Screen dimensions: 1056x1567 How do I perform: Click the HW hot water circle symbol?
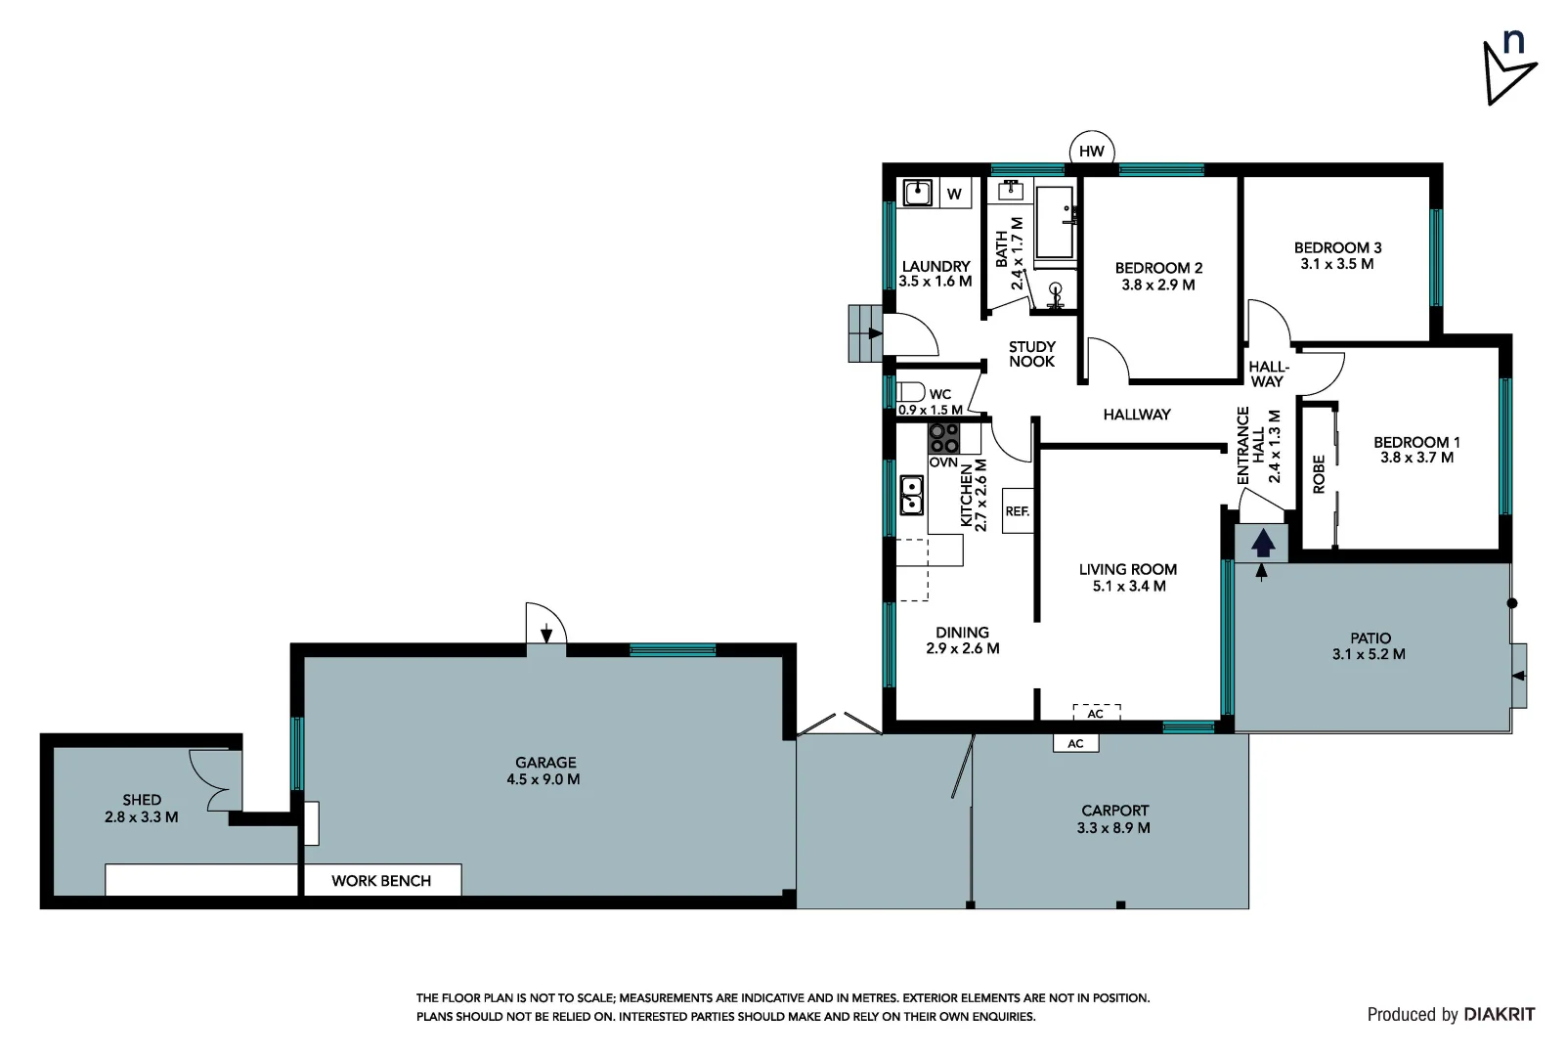[1091, 151]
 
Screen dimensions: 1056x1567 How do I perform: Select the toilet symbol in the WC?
[910, 392]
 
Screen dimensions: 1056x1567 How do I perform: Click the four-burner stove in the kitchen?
[943, 437]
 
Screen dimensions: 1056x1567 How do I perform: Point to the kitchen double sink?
[911, 495]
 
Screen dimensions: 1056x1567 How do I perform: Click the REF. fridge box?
[1018, 510]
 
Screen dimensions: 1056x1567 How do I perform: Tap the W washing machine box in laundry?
[954, 194]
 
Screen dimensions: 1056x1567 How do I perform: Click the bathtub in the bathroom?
[1055, 223]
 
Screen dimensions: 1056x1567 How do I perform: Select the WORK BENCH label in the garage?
[381, 880]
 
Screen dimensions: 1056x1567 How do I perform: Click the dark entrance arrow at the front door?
[1263, 543]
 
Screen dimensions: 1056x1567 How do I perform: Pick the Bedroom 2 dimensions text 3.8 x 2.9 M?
[1158, 285]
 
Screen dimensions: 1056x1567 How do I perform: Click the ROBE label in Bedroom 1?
[1318, 473]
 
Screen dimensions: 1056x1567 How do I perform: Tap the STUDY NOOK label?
[1031, 354]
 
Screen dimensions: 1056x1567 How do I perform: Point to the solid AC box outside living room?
[1075, 743]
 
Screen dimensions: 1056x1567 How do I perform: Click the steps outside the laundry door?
[864, 333]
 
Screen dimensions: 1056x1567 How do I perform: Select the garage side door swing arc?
[545, 623]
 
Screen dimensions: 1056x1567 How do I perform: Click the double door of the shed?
[215, 778]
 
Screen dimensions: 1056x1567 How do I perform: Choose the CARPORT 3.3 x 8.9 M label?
[1113, 819]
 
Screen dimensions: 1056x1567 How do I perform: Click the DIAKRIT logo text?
[1499, 1014]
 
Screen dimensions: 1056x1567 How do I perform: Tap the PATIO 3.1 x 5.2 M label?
[1369, 646]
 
